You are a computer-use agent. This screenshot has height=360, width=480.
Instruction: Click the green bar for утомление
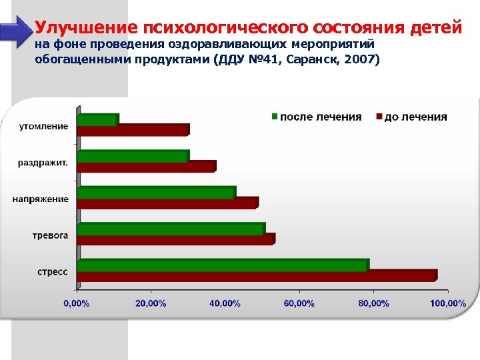point(97,120)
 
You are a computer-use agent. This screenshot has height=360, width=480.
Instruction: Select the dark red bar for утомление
point(133,130)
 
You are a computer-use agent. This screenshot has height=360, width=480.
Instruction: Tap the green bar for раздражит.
point(133,156)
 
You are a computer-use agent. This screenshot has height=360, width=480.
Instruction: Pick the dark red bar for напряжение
point(168,203)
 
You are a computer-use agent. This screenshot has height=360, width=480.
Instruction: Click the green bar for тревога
point(171,229)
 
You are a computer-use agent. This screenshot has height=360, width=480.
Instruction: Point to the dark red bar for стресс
point(257,275)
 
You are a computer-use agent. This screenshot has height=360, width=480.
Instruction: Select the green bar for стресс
point(223,265)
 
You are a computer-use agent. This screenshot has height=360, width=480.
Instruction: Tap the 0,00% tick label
point(76,303)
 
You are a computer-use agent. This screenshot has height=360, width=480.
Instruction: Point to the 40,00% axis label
point(225,303)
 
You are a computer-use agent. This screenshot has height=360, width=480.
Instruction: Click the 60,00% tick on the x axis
point(299,303)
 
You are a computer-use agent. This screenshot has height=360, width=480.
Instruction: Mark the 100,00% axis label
point(447,303)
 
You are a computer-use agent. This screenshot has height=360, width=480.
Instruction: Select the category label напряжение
point(41,199)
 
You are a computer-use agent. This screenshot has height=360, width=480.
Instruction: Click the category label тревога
point(51,235)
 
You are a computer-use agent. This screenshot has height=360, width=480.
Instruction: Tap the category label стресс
point(52,272)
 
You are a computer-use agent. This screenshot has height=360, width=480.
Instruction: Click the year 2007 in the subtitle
point(359,60)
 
